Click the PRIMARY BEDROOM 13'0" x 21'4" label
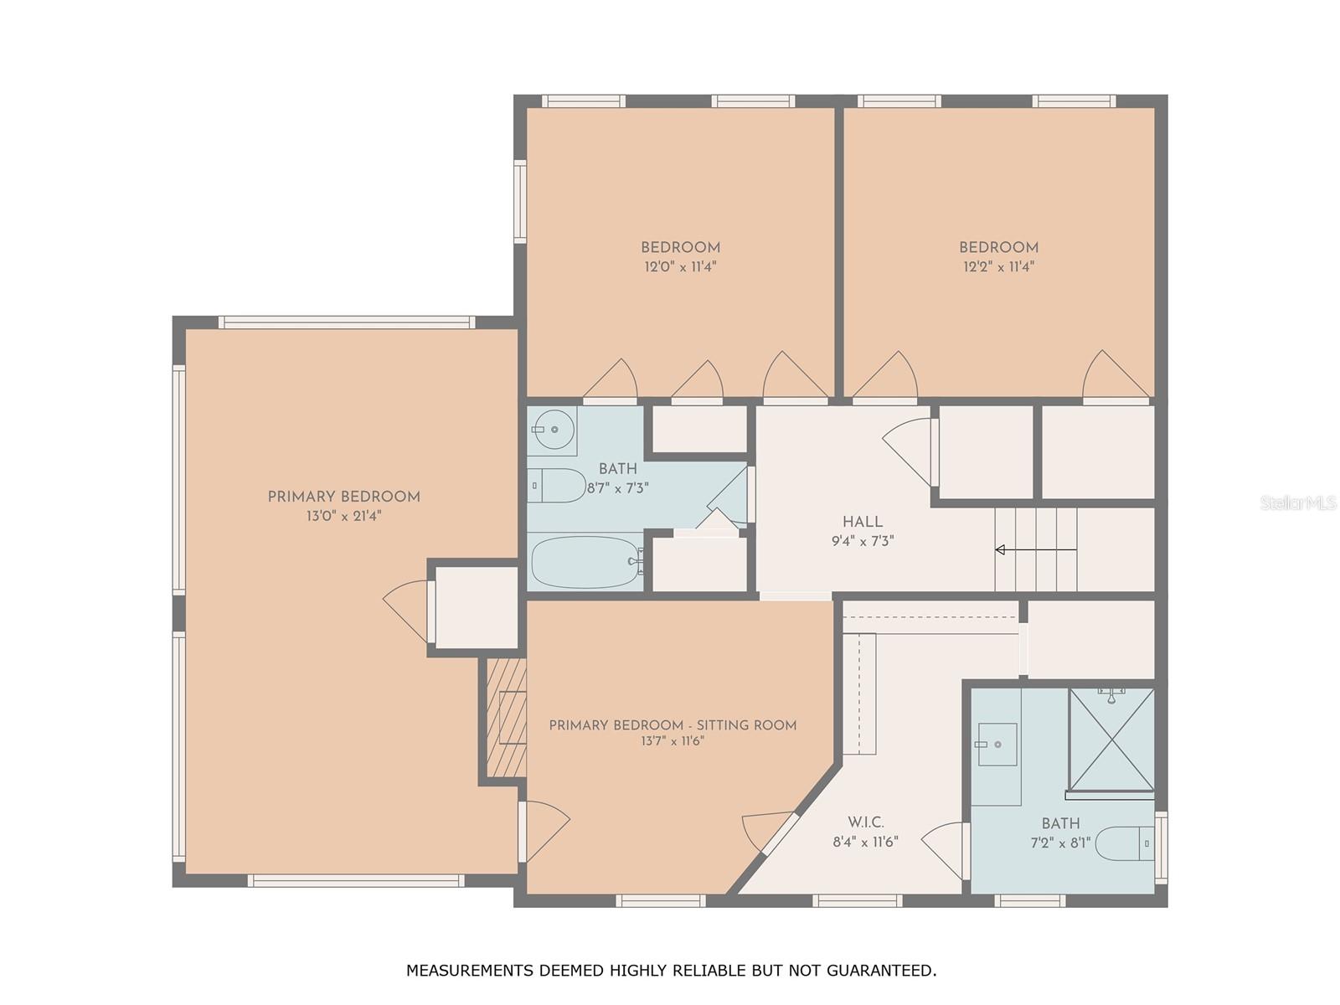[x=343, y=506]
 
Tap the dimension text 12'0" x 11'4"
[x=680, y=266]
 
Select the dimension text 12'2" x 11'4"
[x=999, y=266]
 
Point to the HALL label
[x=862, y=522]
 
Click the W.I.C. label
[x=866, y=822]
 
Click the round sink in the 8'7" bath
[x=553, y=430]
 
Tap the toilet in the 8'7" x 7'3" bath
[x=556, y=486]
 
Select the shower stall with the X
[x=1111, y=740]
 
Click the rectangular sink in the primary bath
[x=997, y=745]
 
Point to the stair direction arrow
[x=1036, y=549]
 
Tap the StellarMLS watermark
[x=1298, y=502]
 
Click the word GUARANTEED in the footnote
[x=881, y=970]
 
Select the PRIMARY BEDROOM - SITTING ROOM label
[x=673, y=725]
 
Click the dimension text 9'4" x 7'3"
[x=862, y=541]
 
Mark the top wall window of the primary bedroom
[x=347, y=322]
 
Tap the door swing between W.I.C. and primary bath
[x=946, y=850]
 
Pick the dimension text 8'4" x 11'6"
[x=866, y=842]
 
